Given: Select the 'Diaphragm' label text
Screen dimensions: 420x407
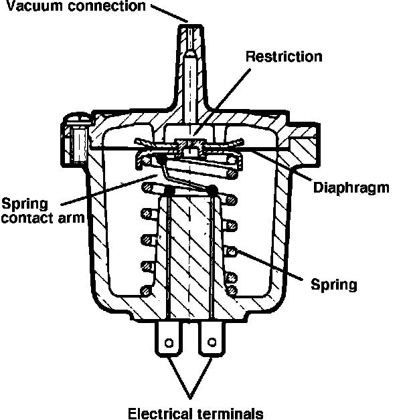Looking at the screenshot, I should point(351,188).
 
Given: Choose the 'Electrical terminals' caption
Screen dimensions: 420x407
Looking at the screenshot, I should point(195,411).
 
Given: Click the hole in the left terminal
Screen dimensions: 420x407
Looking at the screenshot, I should point(169,343).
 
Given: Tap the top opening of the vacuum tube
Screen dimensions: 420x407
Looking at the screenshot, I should point(191,29).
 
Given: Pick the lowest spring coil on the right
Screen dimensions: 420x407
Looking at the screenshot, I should point(232,289).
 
